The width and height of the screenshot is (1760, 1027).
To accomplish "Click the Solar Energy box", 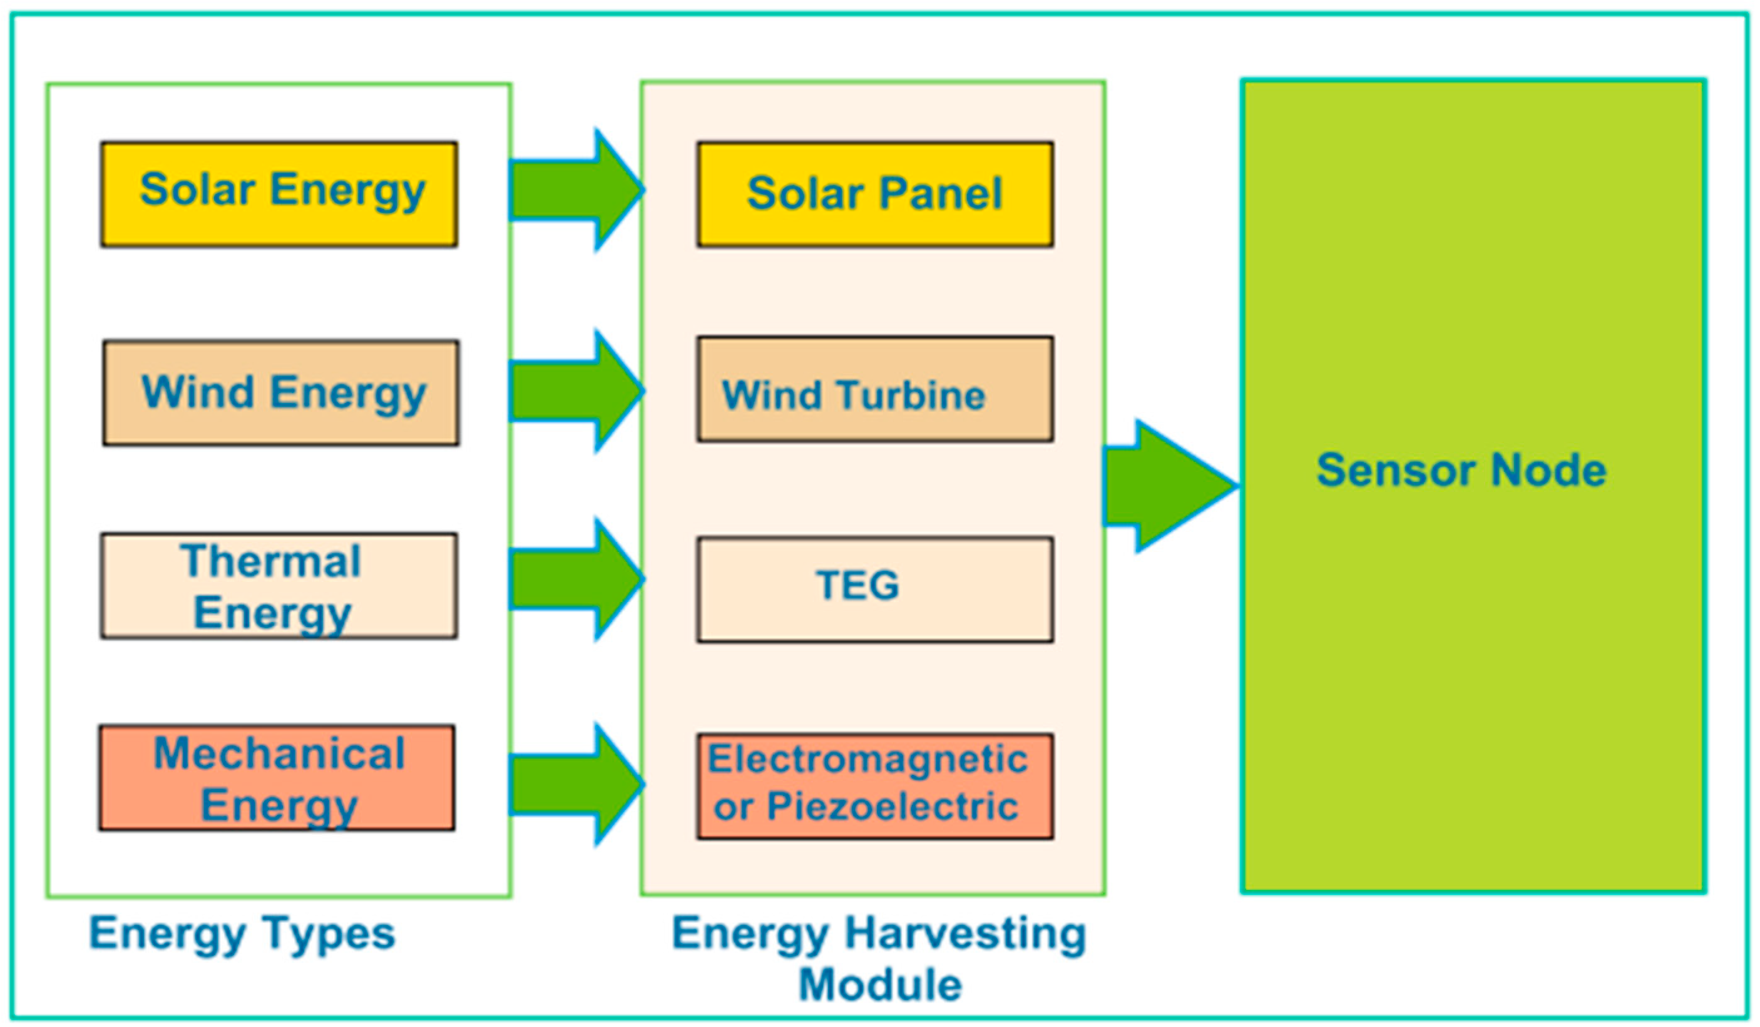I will [279, 194].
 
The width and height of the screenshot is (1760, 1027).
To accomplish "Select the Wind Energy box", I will [281, 393].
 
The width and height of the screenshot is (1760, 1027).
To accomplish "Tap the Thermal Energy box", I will [279, 586].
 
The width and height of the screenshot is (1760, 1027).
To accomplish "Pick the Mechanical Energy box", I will [277, 778].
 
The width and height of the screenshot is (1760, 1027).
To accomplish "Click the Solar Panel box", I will [875, 194].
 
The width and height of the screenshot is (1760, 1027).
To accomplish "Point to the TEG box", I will [875, 590].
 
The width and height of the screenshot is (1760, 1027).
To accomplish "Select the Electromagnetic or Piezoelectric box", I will [875, 786].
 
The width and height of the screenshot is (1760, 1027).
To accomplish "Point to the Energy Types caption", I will [242, 934].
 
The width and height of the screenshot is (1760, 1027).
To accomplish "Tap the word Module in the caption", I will [880, 985].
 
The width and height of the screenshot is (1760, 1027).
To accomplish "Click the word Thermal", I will [271, 561].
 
